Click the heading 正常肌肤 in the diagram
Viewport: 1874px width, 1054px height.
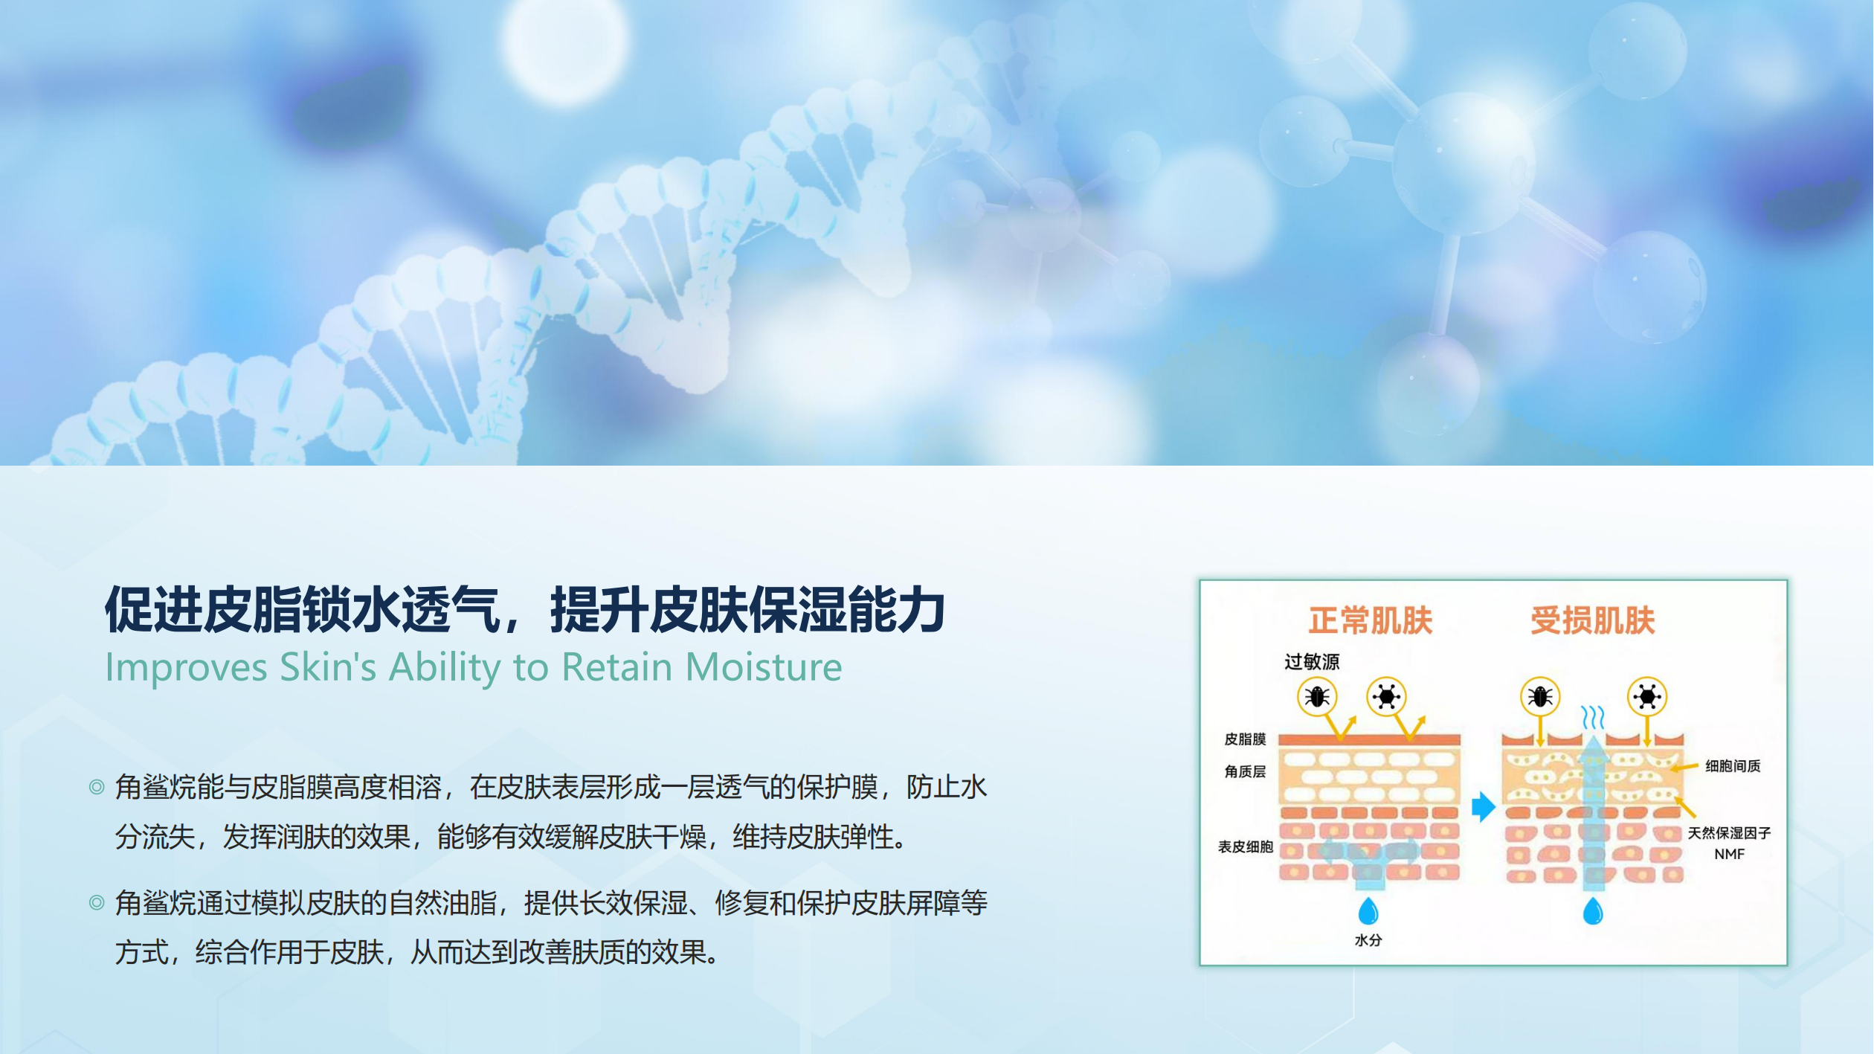[x=1371, y=620]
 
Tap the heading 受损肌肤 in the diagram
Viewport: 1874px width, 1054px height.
[x=1593, y=620]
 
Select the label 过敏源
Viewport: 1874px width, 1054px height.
[x=1312, y=661]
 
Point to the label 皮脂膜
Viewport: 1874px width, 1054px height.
[x=1245, y=739]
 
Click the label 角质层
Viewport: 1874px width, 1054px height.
[x=1245, y=771]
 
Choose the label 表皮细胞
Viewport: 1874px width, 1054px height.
[x=1246, y=846]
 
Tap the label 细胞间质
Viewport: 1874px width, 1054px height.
[x=1733, y=765]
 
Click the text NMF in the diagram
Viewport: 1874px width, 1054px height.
[x=1730, y=854]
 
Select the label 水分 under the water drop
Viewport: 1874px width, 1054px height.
[x=1368, y=940]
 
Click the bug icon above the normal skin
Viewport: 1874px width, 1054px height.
[x=1318, y=697]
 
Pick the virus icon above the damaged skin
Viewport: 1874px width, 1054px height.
[x=1647, y=697]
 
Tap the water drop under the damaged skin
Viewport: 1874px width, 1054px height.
[x=1593, y=911]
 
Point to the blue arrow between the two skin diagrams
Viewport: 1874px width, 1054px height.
[x=1483, y=807]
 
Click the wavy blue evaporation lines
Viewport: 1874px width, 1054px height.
[x=1592, y=717]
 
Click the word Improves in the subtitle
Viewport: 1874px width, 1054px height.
[x=187, y=668]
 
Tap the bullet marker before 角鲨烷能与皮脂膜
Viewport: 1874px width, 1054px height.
[x=97, y=787]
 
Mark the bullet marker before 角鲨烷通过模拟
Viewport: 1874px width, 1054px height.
[x=97, y=903]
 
